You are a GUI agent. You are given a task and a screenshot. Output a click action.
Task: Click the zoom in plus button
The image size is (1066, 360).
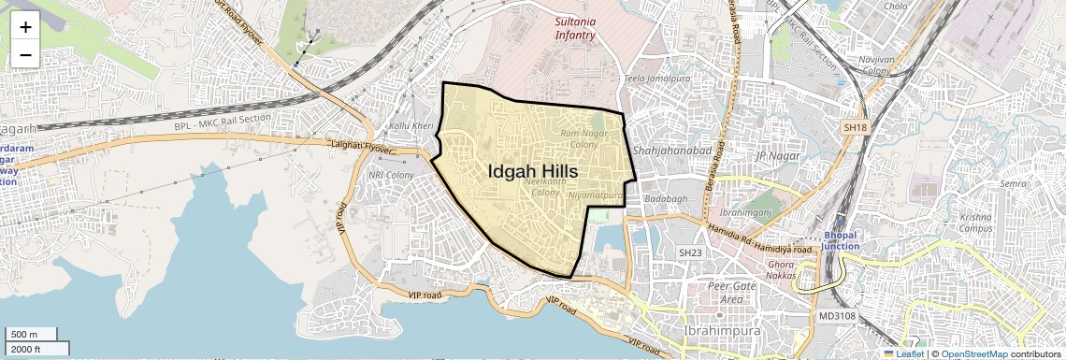point(25,26)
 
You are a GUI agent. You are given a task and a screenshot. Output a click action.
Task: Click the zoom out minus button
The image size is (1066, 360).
point(25,54)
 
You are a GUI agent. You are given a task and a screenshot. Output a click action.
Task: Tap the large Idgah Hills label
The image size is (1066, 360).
point(532,172)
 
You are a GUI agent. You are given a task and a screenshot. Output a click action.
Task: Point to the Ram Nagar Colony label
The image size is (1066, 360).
point(584,139)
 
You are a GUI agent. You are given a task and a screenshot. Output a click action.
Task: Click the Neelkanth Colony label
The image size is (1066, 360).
point(545,187)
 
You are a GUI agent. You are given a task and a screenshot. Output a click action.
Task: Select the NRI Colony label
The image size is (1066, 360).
point(391,175)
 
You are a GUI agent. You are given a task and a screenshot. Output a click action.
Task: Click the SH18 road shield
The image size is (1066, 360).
point(856,126)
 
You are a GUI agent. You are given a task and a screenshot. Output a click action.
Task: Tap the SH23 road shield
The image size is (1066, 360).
point(690,252)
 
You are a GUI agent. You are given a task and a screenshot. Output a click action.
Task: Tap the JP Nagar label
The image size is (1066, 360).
point(773,155)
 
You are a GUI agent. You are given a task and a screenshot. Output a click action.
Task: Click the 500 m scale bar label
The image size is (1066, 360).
point(25,335)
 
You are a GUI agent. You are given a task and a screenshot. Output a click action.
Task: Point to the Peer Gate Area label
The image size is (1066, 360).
point(731,292)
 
